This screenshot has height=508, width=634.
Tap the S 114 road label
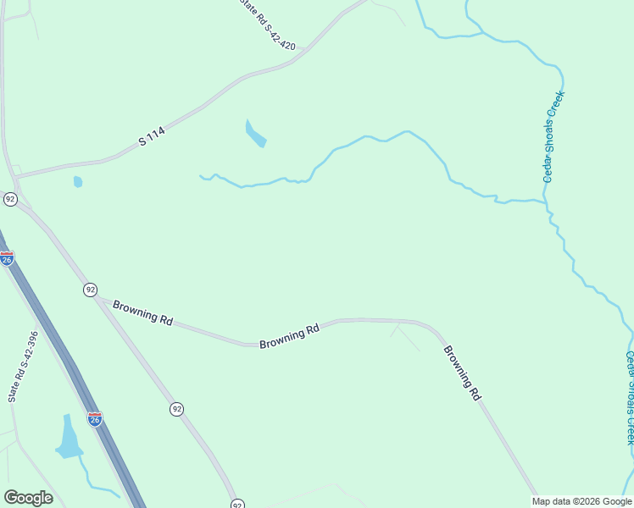click(153, 136)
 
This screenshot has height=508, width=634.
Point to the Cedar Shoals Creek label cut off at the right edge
click(630, 398)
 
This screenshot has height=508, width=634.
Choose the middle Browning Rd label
click(289, 335)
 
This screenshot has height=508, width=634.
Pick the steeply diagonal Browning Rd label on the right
click(462, 373)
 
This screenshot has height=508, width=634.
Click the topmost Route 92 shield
click(10, 199)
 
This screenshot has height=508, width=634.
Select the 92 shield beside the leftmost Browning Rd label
click(90, 290)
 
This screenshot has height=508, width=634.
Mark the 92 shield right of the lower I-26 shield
click(176, 409)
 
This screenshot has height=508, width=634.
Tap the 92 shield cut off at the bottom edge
click(237, 503)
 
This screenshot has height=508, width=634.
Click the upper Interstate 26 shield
click(7, 258)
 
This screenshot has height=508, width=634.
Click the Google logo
click(28, 498)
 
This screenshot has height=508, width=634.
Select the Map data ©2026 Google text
click(581, 501)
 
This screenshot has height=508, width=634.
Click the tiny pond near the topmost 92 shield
click(78, 181)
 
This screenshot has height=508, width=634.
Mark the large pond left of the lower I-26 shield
click(67, 437)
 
